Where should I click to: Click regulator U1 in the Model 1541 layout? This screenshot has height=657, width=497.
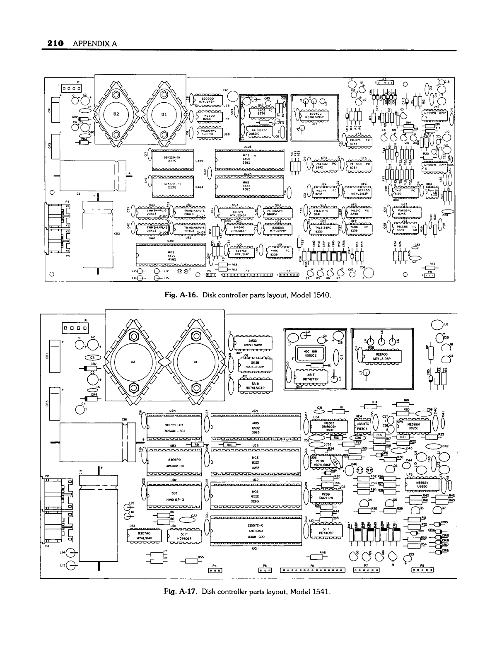(196, 362)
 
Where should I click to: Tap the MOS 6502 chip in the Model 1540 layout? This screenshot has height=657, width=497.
(250, 159)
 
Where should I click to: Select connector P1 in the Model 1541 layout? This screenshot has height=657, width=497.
(75, 328)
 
